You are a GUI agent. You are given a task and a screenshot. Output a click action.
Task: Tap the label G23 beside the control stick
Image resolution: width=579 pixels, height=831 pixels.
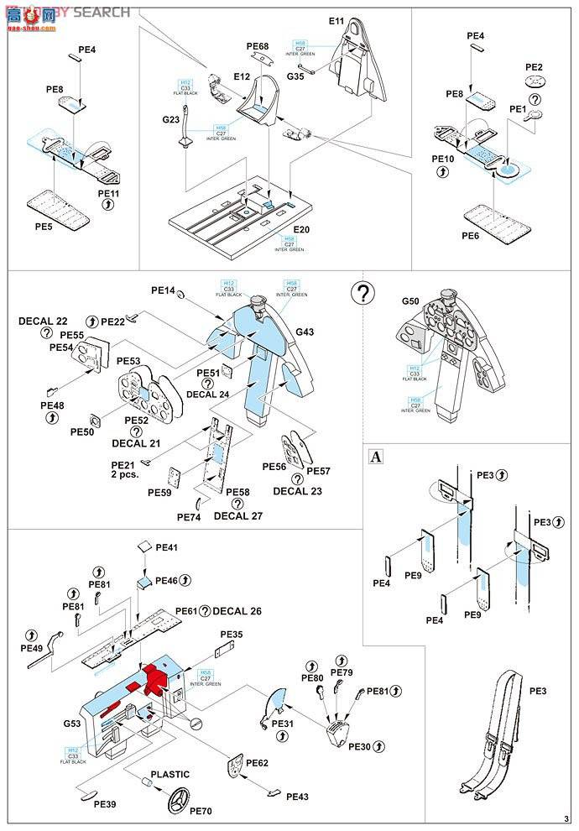(x=170, y=120)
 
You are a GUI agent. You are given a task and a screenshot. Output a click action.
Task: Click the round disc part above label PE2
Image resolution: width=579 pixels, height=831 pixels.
(x=534, y=82)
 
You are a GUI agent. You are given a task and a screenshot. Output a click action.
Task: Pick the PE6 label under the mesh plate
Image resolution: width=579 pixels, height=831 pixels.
(x=472, y=236)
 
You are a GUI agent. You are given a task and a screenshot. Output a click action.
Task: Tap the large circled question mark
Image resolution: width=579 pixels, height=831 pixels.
(x=362, y=293)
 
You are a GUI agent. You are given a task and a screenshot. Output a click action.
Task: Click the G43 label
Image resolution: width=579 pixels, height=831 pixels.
(x=305, y=332)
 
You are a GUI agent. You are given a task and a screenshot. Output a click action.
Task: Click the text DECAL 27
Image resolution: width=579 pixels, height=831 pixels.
(x=237, y=516)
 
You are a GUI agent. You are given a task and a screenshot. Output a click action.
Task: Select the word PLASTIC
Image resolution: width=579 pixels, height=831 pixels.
(x=170, y=775)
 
